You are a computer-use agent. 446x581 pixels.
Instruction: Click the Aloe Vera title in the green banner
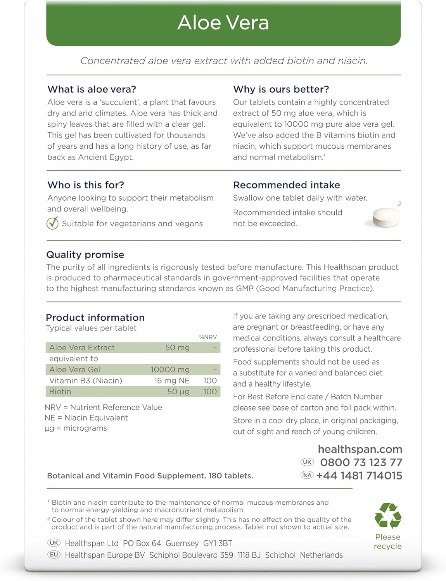click(x=223, y=23)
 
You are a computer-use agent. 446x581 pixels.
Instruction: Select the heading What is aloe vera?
click(x=92, y=89)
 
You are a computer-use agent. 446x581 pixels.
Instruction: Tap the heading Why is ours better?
click(x=281, y=89)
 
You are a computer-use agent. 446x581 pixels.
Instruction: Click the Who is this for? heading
click(x=86, y=185)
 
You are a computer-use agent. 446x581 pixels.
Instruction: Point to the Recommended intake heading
click(x=286, y=185)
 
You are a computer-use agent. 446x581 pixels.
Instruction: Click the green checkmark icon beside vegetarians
click(x=52, y=223)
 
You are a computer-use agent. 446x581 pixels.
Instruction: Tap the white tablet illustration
click(x=385, y=217)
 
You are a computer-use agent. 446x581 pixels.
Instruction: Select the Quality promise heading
click(x=85, y=254)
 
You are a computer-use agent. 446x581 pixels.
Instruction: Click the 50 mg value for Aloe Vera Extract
click(x=177, y=347)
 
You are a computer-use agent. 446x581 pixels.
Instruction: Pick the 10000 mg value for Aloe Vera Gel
click(x=170, y=370)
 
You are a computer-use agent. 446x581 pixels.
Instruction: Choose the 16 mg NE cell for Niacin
click(x=171, y=380)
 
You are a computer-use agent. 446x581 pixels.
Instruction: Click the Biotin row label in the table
click(x=60, y=392)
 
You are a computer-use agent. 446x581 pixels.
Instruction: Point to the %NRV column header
click(x=208, y=337)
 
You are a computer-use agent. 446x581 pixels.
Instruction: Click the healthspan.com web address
click(x=360, y=449)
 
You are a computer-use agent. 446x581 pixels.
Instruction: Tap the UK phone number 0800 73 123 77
click(x=361, y=462)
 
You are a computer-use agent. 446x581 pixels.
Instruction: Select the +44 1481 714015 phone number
click(x=359, y=475)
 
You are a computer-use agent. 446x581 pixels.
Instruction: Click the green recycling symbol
click(x=387, y=516)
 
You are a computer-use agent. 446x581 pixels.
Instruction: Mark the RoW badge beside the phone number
click(x=307, y=475)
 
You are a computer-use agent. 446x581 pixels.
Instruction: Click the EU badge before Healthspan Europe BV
click(x=54, y=555)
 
